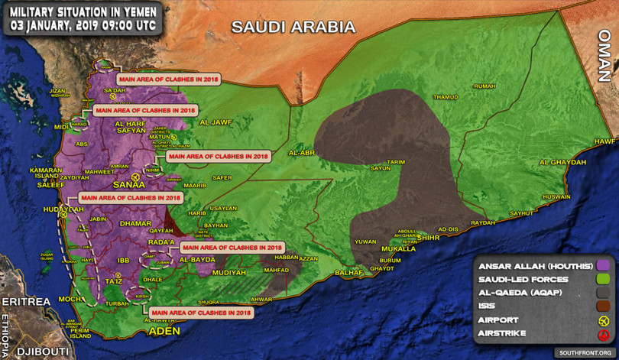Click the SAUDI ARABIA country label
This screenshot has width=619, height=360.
[x=294, y=27]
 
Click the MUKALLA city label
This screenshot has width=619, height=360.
[x=398, y=248]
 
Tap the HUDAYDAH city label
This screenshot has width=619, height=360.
[x=63, y=209]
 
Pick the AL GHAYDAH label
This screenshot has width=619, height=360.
[x=562, y=162]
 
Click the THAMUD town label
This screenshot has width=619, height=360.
[x=446, y=97]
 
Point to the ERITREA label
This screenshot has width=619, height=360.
[x=24, y=302]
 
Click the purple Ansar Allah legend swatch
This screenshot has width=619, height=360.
[x=602, y=265]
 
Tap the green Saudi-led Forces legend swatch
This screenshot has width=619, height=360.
[x=602, y=279]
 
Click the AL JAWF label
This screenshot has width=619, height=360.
[x=215, y=122]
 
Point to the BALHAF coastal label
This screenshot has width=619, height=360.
[x=348, y=272]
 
